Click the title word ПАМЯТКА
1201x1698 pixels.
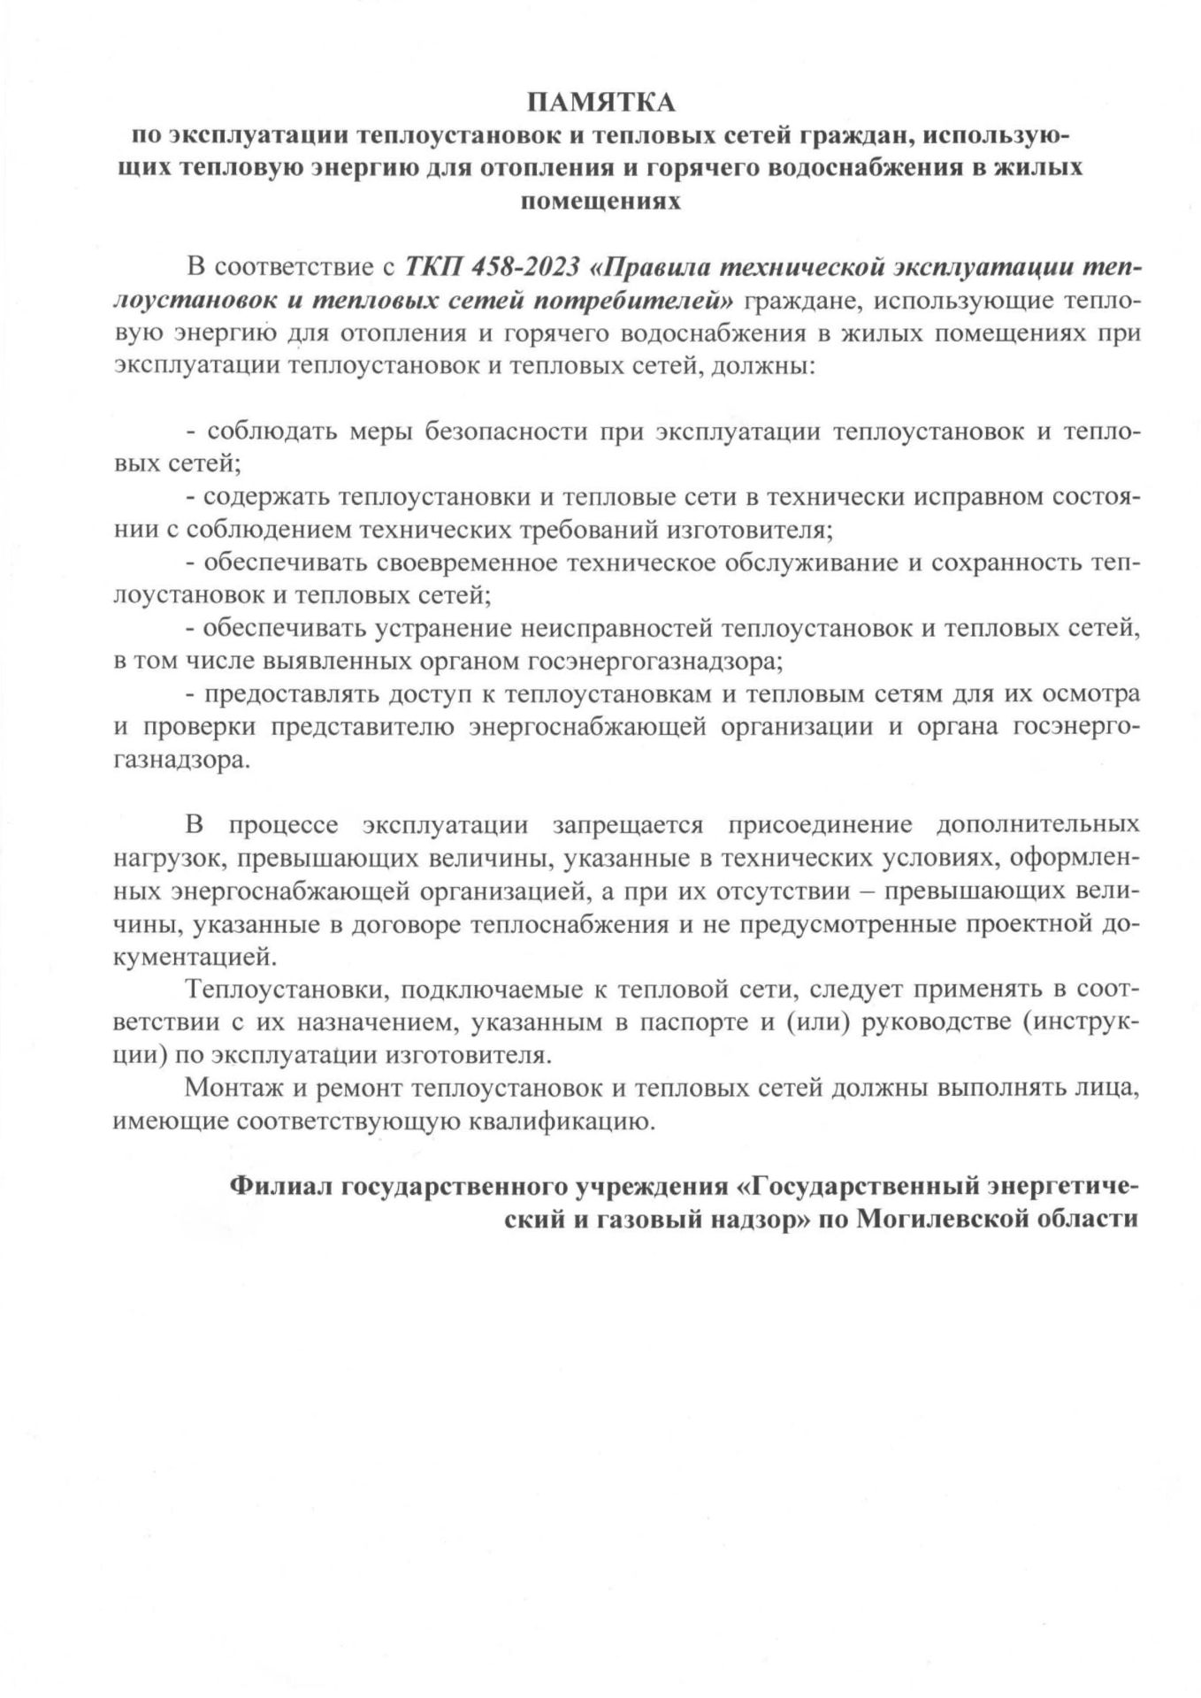click(600, 104)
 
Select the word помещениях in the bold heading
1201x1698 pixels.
click(600, 201)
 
